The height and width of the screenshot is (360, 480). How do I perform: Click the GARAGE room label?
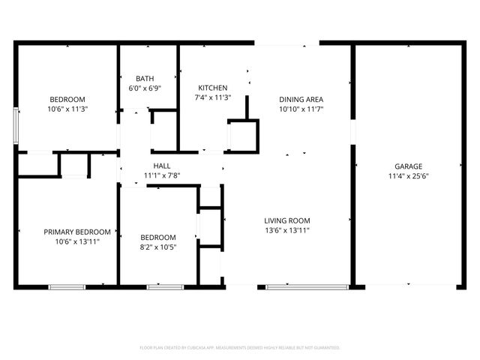[409, 166]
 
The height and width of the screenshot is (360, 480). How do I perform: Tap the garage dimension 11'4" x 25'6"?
[409, 176]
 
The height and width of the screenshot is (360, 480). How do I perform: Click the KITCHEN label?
[213, 87]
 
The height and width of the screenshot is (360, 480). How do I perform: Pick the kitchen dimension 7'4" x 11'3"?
[213, 97]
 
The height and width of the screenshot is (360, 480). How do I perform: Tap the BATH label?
[145, 78]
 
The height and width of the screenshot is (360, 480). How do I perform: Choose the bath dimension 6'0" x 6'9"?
[145, 88]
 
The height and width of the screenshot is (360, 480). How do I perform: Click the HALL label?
[162, 166]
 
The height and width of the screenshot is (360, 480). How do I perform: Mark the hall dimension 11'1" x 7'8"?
[162, 175]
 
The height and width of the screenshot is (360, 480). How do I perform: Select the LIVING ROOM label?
[286, 220]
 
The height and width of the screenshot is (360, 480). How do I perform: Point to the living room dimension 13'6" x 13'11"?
[286, 230]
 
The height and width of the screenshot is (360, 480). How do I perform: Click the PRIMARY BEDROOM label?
[77, 232]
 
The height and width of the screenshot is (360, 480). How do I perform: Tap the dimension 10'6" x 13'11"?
[77, 241]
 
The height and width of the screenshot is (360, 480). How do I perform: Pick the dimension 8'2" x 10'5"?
[159, 247]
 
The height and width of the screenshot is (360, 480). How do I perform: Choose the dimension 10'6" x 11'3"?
[67, 109]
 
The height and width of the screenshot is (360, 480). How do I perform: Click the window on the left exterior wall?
[16, 125]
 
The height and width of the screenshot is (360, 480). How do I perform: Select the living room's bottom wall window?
[295, 286]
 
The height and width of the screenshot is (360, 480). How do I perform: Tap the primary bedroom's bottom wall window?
[67, 286]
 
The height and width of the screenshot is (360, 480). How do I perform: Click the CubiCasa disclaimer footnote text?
[240, 347]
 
